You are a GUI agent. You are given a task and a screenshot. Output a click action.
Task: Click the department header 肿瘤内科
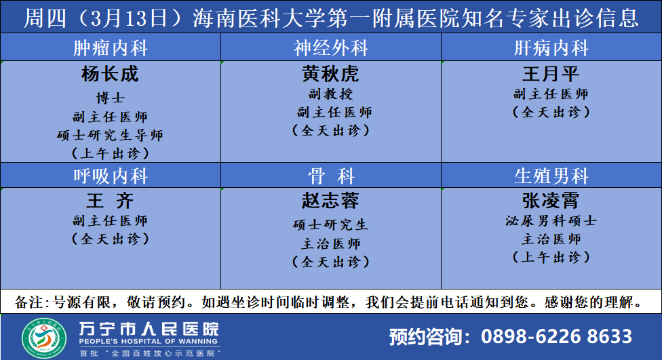pyautogui.click(x=110, y=47)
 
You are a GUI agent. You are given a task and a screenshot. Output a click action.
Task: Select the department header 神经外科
pyautogui.click(x=331, y=47)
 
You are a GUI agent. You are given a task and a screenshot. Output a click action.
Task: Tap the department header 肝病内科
pyautogui.click(x=551, y=47)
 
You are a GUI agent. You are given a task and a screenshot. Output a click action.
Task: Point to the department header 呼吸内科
pyautogui.click(x=110, y=176)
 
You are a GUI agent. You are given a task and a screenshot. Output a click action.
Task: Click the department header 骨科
pyautogui.click(x=331, y=176)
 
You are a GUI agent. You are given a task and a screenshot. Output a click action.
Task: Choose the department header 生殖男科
pyautogui.click(x=551, y=176)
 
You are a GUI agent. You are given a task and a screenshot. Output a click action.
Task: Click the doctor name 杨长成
pyautogui.click(x=110, y=74)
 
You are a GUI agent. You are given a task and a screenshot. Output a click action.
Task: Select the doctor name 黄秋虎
pyautogui.click(x=330, y=74)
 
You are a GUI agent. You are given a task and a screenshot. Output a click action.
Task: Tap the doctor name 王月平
pyautogui.click(x=551, y=74)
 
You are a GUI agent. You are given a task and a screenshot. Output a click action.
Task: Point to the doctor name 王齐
pyautogui.click(x=110, y=201)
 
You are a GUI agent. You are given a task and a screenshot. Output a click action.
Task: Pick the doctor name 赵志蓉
pyautogui.click(x=330, y=201)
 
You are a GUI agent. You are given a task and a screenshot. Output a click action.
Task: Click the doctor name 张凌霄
pyautogui.click(x=551, y=201)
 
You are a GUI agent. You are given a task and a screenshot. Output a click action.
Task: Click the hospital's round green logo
pyautogui.click(x=44, y=338)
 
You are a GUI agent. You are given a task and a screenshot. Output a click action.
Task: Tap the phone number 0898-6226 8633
pyautogui.click(x=556, y=336)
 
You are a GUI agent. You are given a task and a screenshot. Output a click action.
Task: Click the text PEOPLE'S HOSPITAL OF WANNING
pyautogui.click(x=148, y=342)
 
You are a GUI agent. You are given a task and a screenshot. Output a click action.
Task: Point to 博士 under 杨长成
pyautogui.click(x=110, y=98)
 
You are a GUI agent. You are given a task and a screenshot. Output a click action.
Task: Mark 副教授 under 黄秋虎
pyautogui.click(x=330, y=94)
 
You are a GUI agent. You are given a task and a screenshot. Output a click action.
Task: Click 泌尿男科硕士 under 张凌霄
pyautogui.click(x=551, y=220)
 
